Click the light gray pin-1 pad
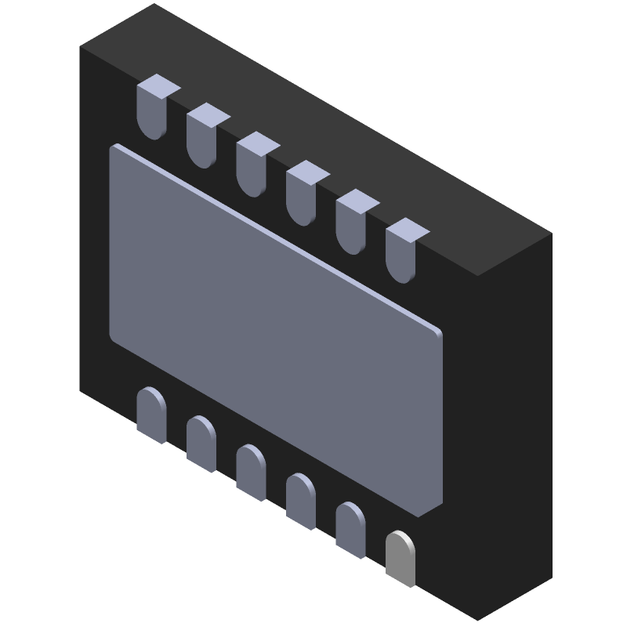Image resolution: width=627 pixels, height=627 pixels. (x=400, y=558)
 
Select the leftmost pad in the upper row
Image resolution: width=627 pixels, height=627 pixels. (x=151, y=110)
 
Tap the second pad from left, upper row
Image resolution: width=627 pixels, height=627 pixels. (x=201, y=138)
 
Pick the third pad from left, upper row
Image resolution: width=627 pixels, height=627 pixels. (x=252, y=167)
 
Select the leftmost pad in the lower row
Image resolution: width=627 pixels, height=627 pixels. (x=150, y=414)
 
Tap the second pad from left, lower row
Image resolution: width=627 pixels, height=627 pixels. (x=201, y=443)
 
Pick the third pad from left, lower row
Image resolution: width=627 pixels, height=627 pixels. (x=251, y=472)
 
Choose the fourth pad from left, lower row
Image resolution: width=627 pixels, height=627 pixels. (x=301, y=501)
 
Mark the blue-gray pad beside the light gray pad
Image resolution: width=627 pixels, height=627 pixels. (x=351, y=530)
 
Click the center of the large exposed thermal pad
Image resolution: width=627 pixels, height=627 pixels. (x=276, y=329)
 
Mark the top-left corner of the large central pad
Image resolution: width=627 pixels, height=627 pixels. (x=114, y=147)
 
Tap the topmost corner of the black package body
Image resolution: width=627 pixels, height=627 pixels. (x=154, y=5)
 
